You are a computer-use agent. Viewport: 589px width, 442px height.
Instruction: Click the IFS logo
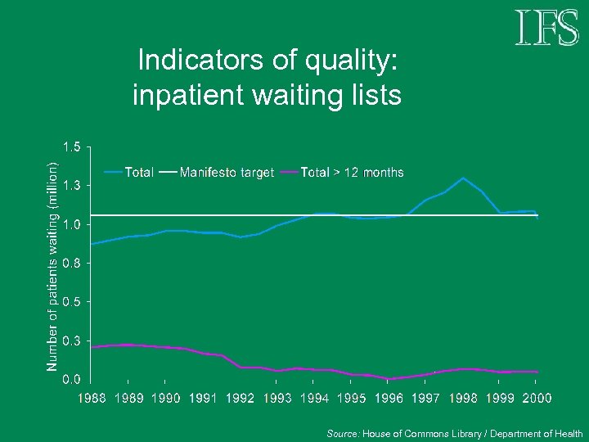(546, 29)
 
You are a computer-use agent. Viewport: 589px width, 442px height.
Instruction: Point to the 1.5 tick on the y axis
(72, 147)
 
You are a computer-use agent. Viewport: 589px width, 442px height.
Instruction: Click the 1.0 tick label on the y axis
(72, 225)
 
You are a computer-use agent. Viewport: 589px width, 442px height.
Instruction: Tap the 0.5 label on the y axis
(72, 302)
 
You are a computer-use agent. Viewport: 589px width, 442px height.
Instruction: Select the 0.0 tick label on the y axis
(72, 380)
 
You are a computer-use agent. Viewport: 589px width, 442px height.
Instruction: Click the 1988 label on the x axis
(92, 398)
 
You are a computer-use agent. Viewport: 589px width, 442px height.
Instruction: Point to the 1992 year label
(241, 398)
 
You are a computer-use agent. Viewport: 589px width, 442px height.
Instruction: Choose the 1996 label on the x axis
(389, 398)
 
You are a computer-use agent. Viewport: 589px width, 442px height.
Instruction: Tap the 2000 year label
(537, 398)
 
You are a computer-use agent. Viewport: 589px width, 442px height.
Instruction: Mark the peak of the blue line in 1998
(463, 178)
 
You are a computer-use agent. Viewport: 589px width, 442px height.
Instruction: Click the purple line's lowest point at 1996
(389, 379)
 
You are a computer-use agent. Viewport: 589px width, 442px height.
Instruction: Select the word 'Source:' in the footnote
(343, 434)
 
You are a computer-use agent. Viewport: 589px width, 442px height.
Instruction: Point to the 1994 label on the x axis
(315, 398)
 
